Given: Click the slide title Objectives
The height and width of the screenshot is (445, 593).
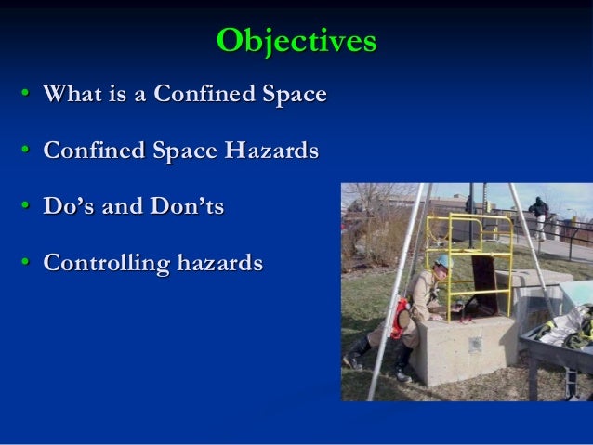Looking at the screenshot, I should (x=296, y=41).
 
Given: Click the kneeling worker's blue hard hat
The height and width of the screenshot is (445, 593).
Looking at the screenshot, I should (x=444, y=263).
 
